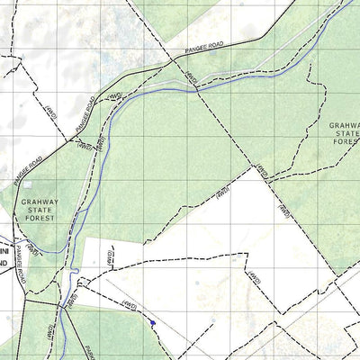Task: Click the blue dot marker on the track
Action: point(154,321)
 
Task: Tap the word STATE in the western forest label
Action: point(40,211)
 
